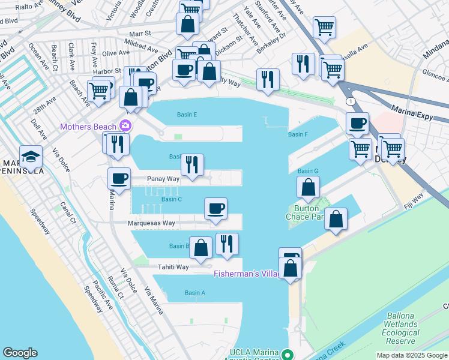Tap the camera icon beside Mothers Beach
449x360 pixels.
click(125, 125)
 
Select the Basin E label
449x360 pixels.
click(187, 115)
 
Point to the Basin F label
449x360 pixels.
click(298, 134)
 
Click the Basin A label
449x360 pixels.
click(195, 293)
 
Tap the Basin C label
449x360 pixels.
click(172, 199)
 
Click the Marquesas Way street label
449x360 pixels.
click(151, 223)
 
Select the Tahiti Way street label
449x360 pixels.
click(173, 267)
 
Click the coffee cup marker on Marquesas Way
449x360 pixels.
click(216, 209)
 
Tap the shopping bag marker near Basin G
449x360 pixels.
click(308, 187)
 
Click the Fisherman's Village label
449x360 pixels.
click(246, 274)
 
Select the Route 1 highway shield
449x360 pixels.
click(349, 102)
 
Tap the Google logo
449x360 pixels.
click(20, 353)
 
